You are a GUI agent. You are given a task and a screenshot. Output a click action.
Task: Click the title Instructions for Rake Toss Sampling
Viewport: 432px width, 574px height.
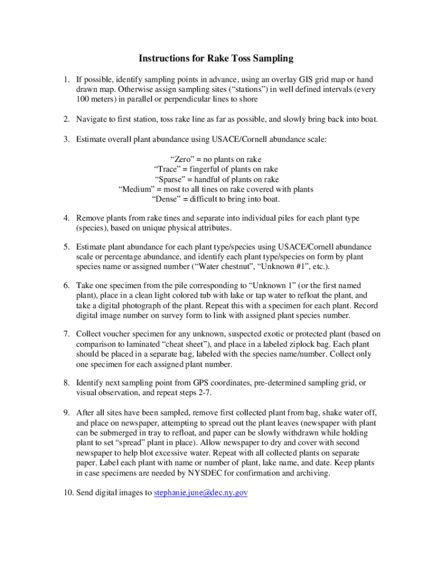tap(216, 58)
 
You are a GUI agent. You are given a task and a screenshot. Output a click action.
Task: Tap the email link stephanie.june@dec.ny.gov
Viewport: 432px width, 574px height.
tap(200, 493)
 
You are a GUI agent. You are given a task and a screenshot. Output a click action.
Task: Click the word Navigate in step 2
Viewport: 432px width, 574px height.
tap(94, 119)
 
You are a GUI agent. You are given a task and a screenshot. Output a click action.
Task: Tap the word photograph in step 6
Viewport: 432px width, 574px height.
tap(136, 305)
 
